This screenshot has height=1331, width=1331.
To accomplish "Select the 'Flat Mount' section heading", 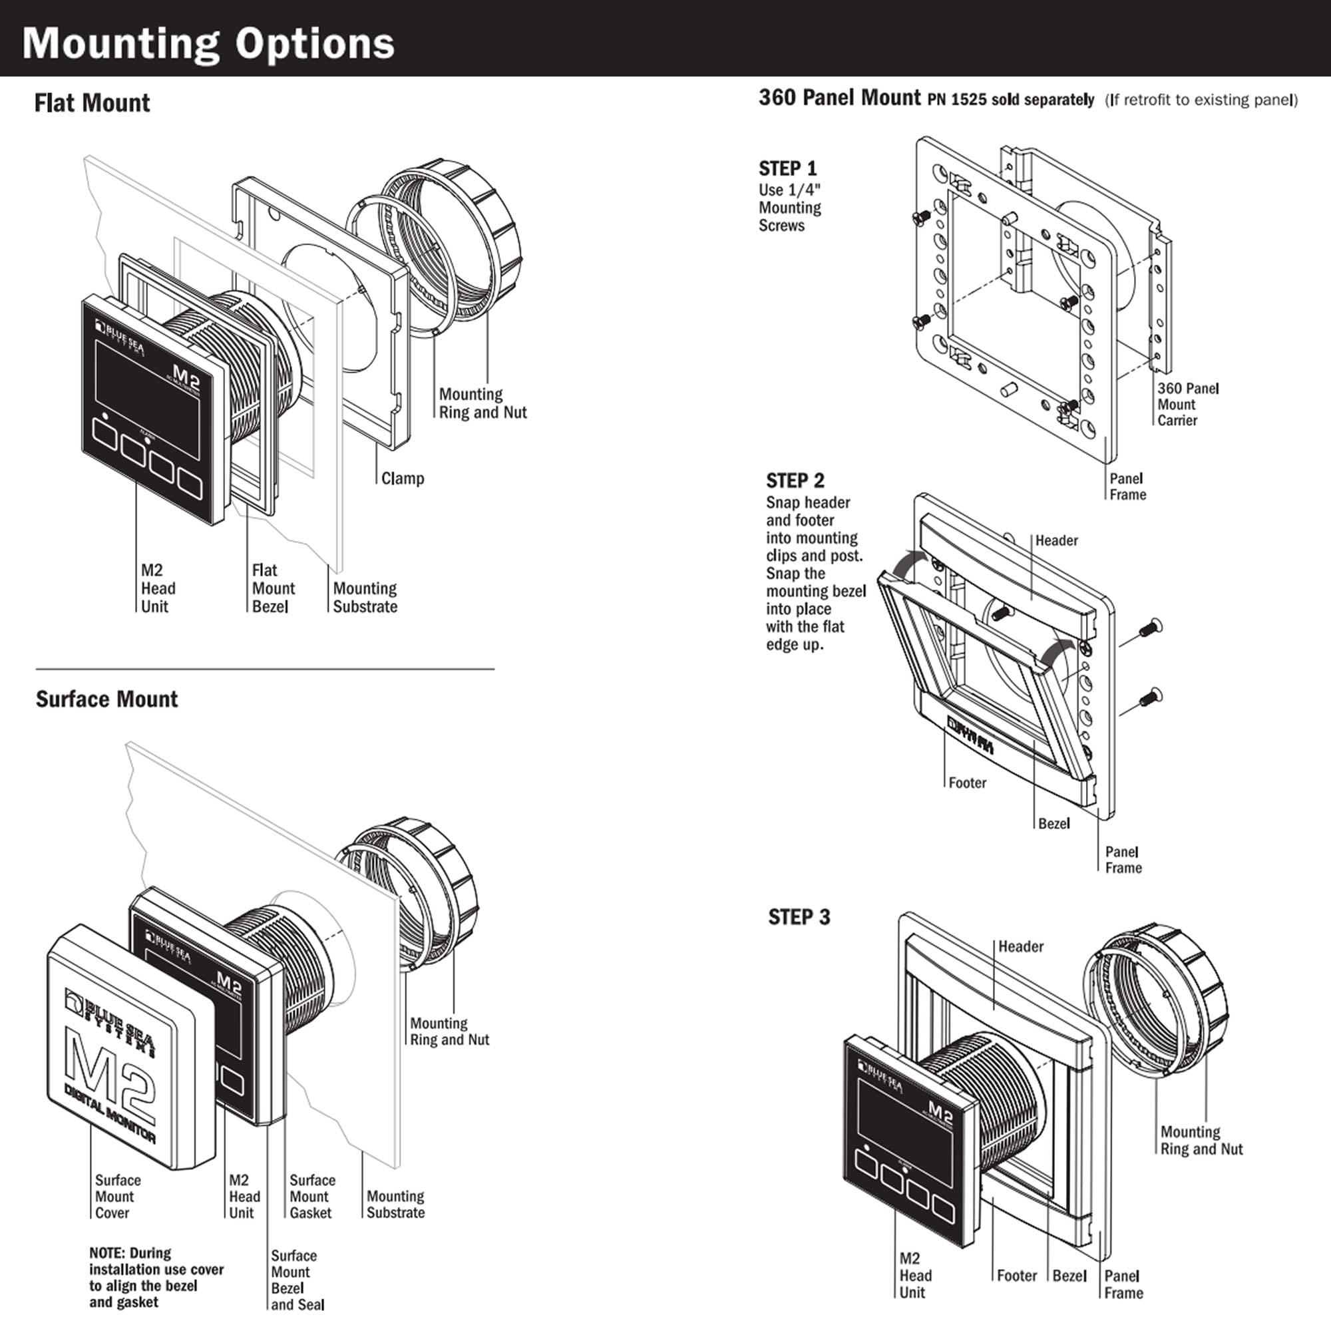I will click(x=92, y=103).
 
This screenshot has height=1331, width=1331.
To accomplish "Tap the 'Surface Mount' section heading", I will click(x=106, y=699).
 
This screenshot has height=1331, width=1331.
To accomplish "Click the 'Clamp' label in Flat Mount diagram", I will click(x=403, y=478).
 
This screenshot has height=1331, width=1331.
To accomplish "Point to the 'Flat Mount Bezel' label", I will click(x=273, y=588).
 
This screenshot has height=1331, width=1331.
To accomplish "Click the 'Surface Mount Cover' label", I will click(x=117, y=1197).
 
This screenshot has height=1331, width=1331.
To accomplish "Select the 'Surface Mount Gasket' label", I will click(x=311, y=1197).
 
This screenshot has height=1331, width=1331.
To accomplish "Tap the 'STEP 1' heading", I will click(x=787, y=169).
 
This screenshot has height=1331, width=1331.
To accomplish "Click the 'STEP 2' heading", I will click(x=795, y=480).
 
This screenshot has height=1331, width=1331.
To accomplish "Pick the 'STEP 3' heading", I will click(x=799, y=917).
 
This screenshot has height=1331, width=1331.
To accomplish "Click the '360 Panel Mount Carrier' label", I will click(x=1187, y=405).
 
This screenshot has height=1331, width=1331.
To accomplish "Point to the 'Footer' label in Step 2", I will click(x=966, y=783).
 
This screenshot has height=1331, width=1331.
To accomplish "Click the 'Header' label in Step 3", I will click(x=1020, y=946).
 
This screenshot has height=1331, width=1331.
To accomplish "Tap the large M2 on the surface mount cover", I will click(x=110, y=1075).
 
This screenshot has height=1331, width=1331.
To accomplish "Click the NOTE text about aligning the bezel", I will click(x=156, y=1277).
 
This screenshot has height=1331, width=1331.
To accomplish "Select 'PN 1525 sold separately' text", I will click(x=1010, y=100).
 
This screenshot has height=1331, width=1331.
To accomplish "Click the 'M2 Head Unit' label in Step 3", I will click(x=915, y=1275).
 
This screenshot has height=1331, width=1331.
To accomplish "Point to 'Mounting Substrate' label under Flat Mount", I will click(x=365, y=598).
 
